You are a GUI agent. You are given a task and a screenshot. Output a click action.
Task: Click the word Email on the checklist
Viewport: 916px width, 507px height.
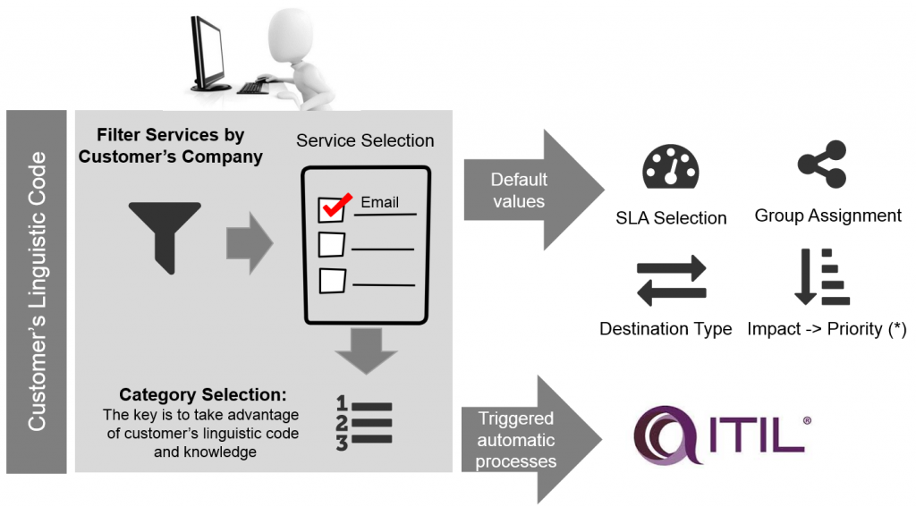tap(379, 202)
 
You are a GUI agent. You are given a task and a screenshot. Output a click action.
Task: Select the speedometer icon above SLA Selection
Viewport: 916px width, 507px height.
tap(670, 166)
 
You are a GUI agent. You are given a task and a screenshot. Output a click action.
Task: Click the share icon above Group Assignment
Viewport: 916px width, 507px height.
tap(821, 164)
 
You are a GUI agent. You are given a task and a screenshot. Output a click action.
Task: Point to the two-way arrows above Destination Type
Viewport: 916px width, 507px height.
tap(671, 280)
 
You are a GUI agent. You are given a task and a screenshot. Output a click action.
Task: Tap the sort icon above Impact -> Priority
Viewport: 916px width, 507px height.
tap(821, 278)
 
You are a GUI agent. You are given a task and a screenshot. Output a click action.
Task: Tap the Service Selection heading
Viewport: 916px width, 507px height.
tap(365, 140)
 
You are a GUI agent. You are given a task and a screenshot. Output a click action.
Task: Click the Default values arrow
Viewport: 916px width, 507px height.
tap(523, 190)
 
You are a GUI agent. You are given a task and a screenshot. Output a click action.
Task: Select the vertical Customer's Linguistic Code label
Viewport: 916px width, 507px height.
tap(37, 292)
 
